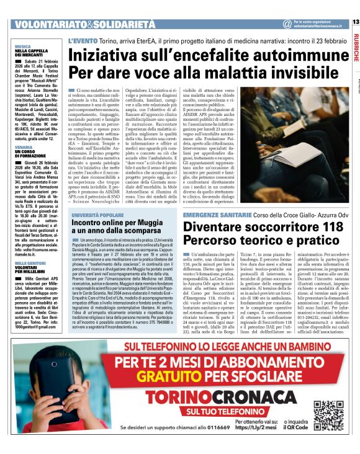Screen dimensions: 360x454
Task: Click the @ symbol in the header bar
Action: pos(287,24)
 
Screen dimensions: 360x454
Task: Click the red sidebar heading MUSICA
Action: pos(23,47)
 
